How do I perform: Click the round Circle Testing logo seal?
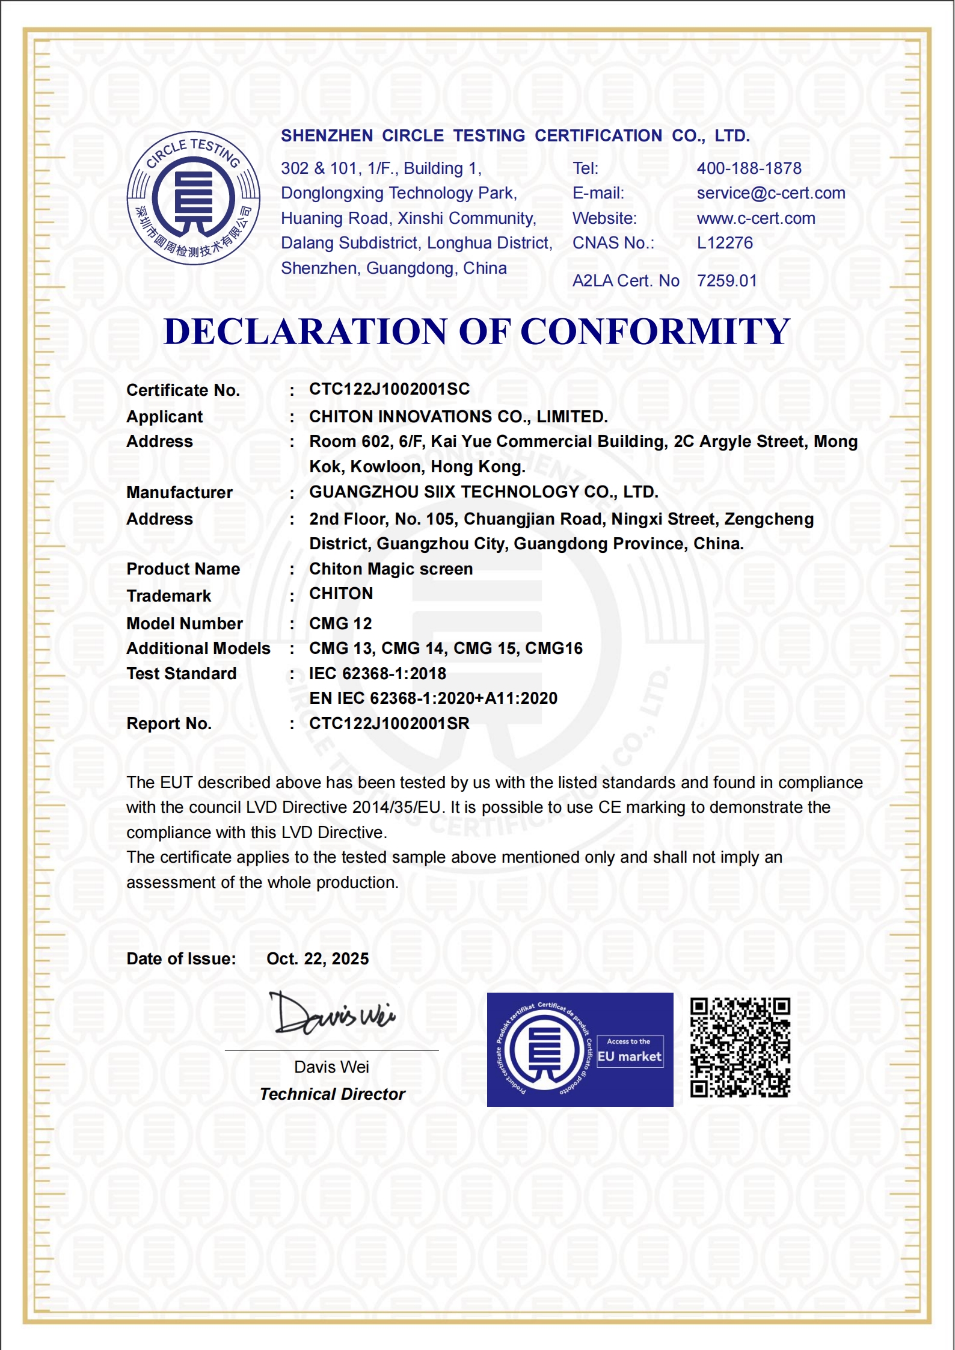click(193, 198)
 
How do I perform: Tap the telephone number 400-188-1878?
click(749, 168)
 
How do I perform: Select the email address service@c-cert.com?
click(770, 193)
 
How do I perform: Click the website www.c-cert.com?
click(755, 218)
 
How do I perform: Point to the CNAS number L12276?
click(725, 243)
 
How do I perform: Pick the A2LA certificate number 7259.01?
click(726, 281)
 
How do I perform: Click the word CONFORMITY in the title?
click(654, 331)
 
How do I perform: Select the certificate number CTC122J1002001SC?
click(389, 389)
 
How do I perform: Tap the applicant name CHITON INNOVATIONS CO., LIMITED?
click(458, 416)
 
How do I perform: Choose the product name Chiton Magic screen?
click(391, 569)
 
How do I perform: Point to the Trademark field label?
click(168, 596)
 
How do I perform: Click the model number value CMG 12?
click(340, 624)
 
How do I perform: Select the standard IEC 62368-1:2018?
click(378, 674)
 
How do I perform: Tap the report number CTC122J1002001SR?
click(389, 724)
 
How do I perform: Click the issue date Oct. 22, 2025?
click(318, 959)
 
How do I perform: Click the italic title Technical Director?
click(332, 1094)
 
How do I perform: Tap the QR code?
click(740, 1047)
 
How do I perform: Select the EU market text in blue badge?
click(629, 1057)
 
